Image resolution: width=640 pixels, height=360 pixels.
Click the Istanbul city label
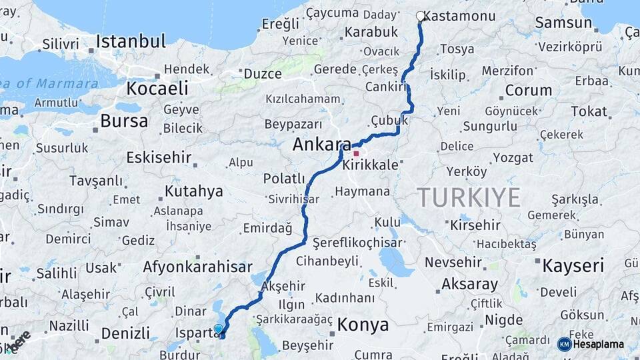[x=130, y=41]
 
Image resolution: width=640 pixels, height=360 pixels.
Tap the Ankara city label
[x=321, y=145]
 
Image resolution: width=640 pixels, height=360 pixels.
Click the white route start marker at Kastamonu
[x=420, y=16]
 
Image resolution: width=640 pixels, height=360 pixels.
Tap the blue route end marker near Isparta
[x=218, y=329]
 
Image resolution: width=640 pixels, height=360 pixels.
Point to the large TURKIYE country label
[x=469, y=197]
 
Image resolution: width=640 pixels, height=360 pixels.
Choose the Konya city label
[x=363, y=325]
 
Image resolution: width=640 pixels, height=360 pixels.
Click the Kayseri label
[x=573, y=266]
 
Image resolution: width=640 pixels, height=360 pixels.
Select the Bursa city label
[x=124, y=121]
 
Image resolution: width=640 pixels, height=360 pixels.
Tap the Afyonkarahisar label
[x=197, y=267]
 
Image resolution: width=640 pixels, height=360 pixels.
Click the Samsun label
[x=563, y=23]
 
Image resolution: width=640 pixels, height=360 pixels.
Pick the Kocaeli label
[x=157, y=88]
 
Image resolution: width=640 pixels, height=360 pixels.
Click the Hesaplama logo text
[x=598, y=344]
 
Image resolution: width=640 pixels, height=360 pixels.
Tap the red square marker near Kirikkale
[x=356, y=153]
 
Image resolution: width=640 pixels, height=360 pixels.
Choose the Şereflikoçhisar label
[x=348, y=243]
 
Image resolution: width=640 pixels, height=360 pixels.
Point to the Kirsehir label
[x=475, y=225]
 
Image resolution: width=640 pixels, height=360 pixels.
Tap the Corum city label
[x=528, y=90]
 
